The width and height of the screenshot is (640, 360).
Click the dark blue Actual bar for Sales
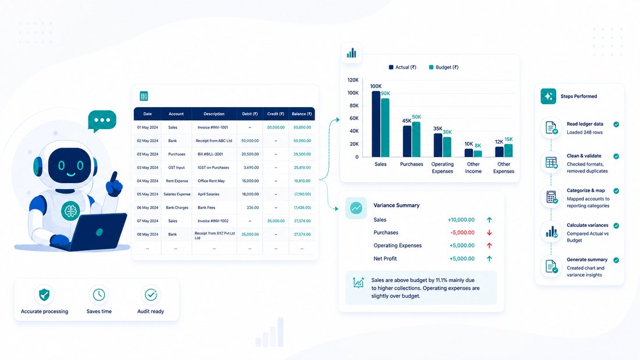pyautogui.click(x=376, y=124)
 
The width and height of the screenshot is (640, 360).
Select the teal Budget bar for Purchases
pyautogui.click(x=416, y=139)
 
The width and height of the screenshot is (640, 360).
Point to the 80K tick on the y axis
pyautogui.click(x=353, y=105)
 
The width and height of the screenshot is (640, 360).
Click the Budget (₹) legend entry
pyautogui.click(x=444, y=67)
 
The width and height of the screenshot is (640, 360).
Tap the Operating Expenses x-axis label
pyautogui.click(x=442, y=167)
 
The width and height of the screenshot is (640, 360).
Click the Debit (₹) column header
pyautogui.click(x=250, y=114)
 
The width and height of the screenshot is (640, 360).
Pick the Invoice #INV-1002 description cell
pyautogui.click(x=212, y=221)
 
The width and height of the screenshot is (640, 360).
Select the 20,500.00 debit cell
pyautogui.click(x=250, y=154)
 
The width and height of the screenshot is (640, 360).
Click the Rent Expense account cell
pyautogui.click(x=177, y=181)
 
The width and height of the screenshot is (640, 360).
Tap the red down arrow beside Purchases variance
pyautogui.click(x=489, y=233)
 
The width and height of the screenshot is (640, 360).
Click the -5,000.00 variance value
pyautogui.click(x=463, y=233)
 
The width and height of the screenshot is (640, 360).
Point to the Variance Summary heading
pyautogui.click(x=396, y=205)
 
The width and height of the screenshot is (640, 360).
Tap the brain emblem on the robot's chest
pyautogui.click(x=70, y=211)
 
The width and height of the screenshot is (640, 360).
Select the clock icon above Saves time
pyautogui.click(x=99, y=295)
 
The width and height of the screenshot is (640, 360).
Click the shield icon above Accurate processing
pyautogui.click(x=44, y=294)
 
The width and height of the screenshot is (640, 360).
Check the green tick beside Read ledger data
pyautogui.click(x=616, y=124)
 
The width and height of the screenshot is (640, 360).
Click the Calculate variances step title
pyautogui.click(x=588, y=225)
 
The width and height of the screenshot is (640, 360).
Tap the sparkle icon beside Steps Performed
pyautogui.click(x=548, y=97)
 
